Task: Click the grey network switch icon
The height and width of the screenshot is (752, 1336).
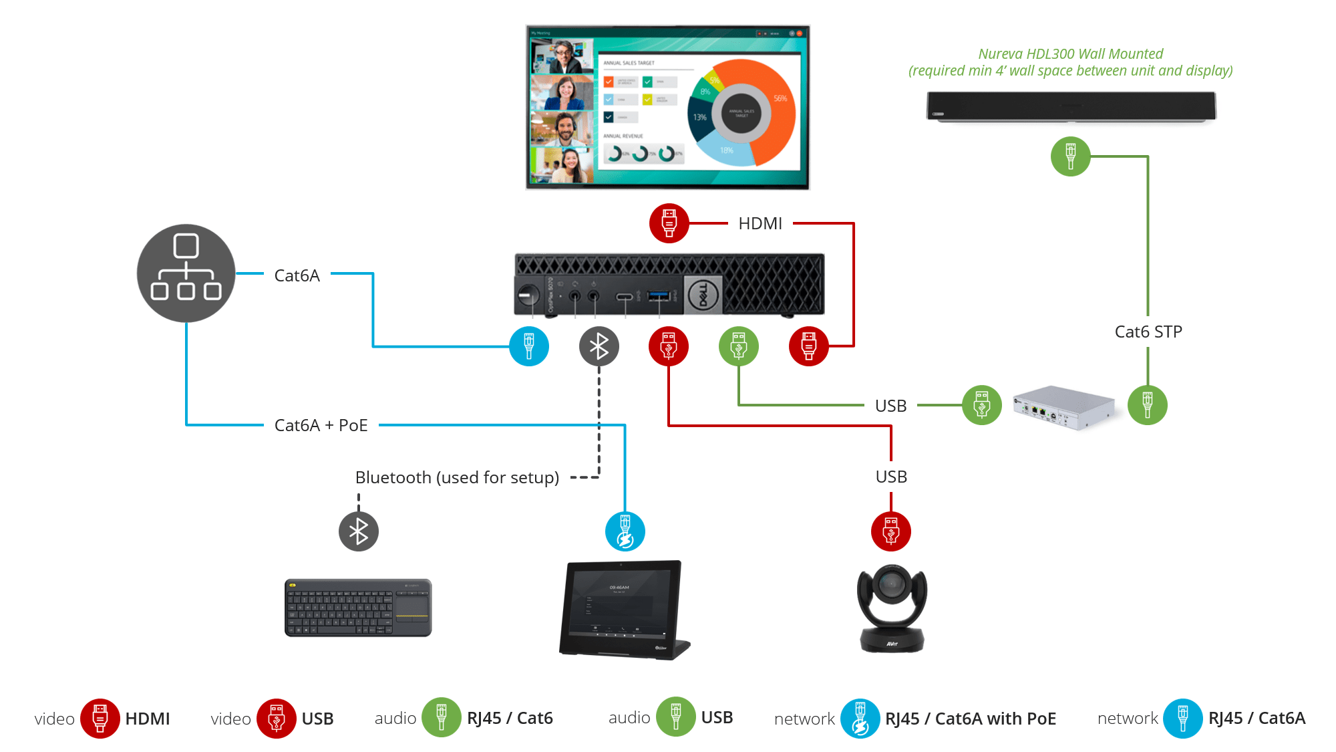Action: click(x=186, y=273)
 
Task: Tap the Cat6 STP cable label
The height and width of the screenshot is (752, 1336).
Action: click(x=1148, y=332)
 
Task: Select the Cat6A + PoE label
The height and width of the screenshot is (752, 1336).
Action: click(x=321, y=425)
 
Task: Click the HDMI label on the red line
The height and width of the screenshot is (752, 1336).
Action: click(x=760, y=223)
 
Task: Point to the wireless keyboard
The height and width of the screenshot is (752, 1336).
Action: click(x=358, y=607)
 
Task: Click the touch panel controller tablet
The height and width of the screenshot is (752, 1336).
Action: click(x=621, y=608)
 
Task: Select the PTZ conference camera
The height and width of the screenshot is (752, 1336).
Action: click(x=892, y=608)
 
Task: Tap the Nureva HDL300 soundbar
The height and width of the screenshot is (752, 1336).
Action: click(x=1071, y=106)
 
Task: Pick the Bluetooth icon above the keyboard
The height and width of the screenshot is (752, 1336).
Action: click(x=359, y=531)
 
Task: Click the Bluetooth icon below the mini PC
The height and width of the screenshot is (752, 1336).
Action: click(x=599, y=346)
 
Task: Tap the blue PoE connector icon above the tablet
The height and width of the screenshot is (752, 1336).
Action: click(x=625, y=531)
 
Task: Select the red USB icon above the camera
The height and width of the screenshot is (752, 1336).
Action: click(x=890, y=531)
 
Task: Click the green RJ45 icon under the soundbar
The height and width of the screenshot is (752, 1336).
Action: click(x=1070, y=156)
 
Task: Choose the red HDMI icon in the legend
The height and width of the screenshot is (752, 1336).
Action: click(x=100, y=719)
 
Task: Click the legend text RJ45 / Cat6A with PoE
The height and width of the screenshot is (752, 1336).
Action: click(x=970, y=719)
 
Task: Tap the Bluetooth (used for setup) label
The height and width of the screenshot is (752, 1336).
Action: click(x=457, y=477)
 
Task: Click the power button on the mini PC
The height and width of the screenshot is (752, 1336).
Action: click(x=528, y=294)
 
